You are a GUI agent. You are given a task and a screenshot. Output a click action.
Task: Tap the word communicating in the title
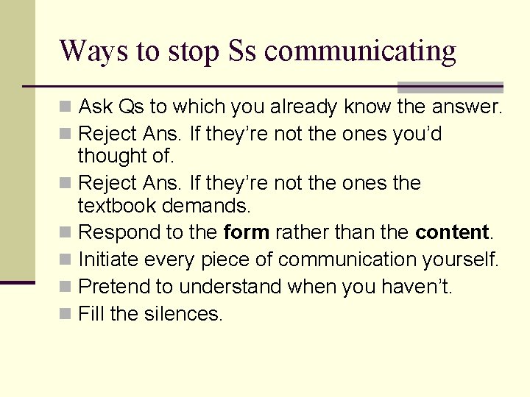[361, 51]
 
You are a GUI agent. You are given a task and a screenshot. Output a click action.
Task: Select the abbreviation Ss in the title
[242, 51]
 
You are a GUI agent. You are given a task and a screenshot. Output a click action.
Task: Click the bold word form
[246, 232]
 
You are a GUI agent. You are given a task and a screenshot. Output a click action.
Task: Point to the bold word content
[452, 232]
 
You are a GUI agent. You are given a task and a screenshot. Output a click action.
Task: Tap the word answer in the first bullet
[466, 107]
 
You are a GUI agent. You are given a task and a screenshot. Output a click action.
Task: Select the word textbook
[117, 205]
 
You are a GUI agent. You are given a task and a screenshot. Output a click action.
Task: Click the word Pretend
[110, 287]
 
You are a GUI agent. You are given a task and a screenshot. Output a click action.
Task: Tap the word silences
[183, 314]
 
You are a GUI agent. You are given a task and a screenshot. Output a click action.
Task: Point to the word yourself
[463, 260]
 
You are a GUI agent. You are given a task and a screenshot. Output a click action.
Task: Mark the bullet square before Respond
[66, 233]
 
